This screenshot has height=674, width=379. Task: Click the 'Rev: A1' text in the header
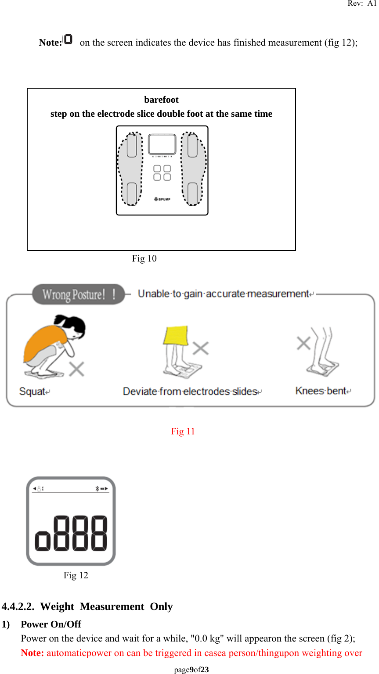(362, 4)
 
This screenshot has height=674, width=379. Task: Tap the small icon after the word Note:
(68, 39)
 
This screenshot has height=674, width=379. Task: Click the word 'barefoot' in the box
(161, 100)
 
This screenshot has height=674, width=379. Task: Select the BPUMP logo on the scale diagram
(162, 199)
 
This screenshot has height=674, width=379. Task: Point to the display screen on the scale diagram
(162, 144)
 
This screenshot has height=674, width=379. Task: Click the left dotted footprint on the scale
(130, 169)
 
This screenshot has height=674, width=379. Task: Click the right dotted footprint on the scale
(193, 169)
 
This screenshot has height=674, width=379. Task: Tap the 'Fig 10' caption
(144, 258)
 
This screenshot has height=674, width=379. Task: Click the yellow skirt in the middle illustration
(176, 335)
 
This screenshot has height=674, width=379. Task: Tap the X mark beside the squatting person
(77, 369)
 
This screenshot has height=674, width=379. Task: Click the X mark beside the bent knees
(303, 343)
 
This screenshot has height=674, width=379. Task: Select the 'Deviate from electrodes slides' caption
(191, 391)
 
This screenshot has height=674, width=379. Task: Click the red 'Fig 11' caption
(183, 431)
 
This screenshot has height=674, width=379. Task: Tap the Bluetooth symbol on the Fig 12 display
(97, 488)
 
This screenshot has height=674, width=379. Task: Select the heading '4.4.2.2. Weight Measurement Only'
(87, 606)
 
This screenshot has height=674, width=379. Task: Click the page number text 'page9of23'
(191, 670)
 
